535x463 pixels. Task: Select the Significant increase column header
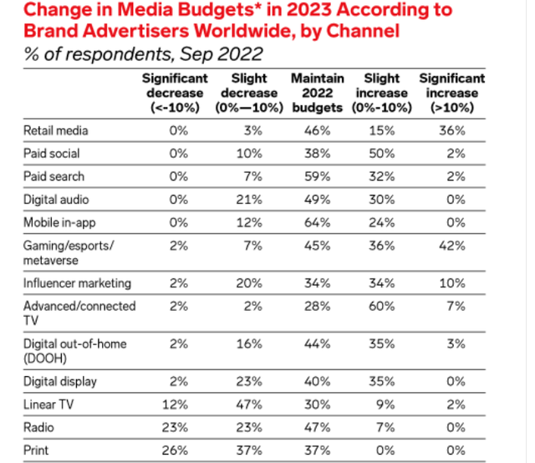click(452, 93)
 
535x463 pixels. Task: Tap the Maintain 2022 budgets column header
click(318, 93)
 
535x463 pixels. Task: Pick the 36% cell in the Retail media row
click(452, 131)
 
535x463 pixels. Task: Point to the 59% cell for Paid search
click(318, 177)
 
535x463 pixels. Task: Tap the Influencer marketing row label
click(77, 282)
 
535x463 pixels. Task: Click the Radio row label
click(39, 427)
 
